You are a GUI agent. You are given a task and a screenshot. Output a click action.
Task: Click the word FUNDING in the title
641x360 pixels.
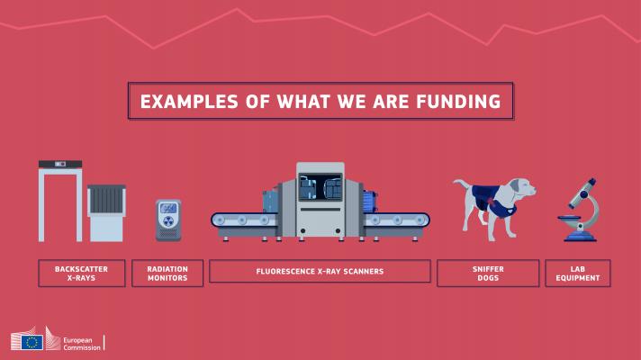coord(458,102)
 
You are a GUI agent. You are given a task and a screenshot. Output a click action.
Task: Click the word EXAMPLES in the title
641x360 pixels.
coord(189,102)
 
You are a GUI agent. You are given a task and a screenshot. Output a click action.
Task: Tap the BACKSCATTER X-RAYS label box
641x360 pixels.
coord(82,274)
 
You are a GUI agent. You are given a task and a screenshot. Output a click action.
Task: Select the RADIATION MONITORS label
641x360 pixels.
coord(167,274)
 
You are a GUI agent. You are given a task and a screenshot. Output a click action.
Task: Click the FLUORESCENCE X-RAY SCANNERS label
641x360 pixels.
coord(320,271)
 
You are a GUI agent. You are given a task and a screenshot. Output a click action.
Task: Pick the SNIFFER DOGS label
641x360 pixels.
coord(488,274)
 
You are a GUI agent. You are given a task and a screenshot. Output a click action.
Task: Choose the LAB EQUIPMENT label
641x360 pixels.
coord(578,274)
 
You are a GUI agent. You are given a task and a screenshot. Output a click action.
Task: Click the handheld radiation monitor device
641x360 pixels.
coord(168,220)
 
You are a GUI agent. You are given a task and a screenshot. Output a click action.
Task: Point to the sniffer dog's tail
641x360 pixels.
coord(462,184)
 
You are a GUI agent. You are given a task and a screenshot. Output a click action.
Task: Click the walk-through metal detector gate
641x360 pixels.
coord(60,201)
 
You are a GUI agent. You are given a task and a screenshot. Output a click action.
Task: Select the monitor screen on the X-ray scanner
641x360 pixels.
coord(320,187)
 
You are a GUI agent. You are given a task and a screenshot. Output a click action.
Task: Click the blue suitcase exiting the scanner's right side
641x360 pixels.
coord(369,202)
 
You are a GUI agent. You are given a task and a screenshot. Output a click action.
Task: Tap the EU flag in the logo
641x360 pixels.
coord(32,342)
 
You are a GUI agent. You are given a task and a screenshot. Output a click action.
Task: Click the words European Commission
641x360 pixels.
coord(82,344)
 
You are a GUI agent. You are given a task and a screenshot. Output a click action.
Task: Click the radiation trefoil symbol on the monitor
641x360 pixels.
coord(168,221)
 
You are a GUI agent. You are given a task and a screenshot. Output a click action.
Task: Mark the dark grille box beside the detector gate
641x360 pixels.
coord(106,199)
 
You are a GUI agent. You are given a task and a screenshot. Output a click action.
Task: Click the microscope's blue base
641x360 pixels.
coord(581,236)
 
